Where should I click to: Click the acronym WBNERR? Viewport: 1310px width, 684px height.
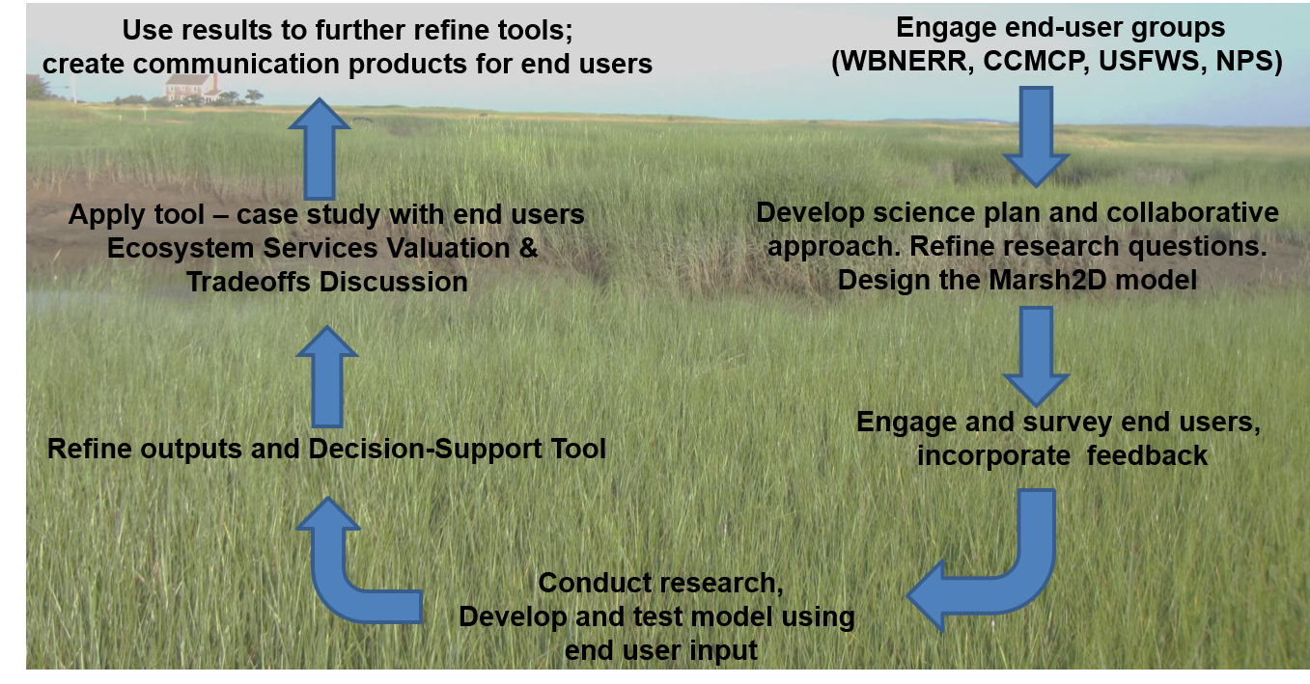[903, 62]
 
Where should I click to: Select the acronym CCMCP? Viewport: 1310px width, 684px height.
[1034, 62]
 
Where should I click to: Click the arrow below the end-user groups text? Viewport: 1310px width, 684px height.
[1036, 137]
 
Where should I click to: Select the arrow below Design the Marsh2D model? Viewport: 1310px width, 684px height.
[1036, 357]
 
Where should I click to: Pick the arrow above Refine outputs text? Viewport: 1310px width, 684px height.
[327, 376]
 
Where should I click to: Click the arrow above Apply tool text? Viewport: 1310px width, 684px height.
[320, 149]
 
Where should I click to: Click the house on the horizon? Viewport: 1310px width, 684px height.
[192, 88]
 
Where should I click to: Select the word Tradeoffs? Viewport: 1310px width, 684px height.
[249, 283]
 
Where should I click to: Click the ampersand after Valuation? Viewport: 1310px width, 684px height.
[528, 249]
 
